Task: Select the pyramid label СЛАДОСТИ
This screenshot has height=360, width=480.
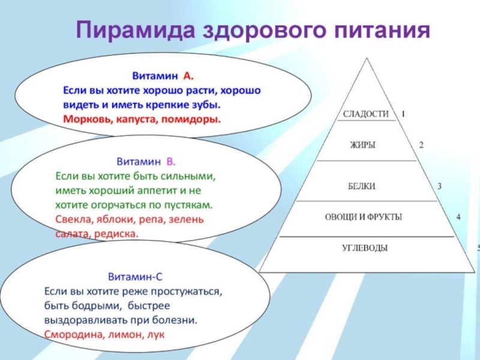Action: tap(365, 114)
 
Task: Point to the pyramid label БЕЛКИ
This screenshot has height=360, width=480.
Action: tap(362, 187)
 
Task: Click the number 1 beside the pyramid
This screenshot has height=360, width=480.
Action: tap(403, 113)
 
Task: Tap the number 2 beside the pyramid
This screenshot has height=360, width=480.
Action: tap(421, 145)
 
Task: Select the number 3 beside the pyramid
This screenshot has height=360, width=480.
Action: tap(439, 187)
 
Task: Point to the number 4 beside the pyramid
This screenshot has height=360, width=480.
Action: tap(458, 217)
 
